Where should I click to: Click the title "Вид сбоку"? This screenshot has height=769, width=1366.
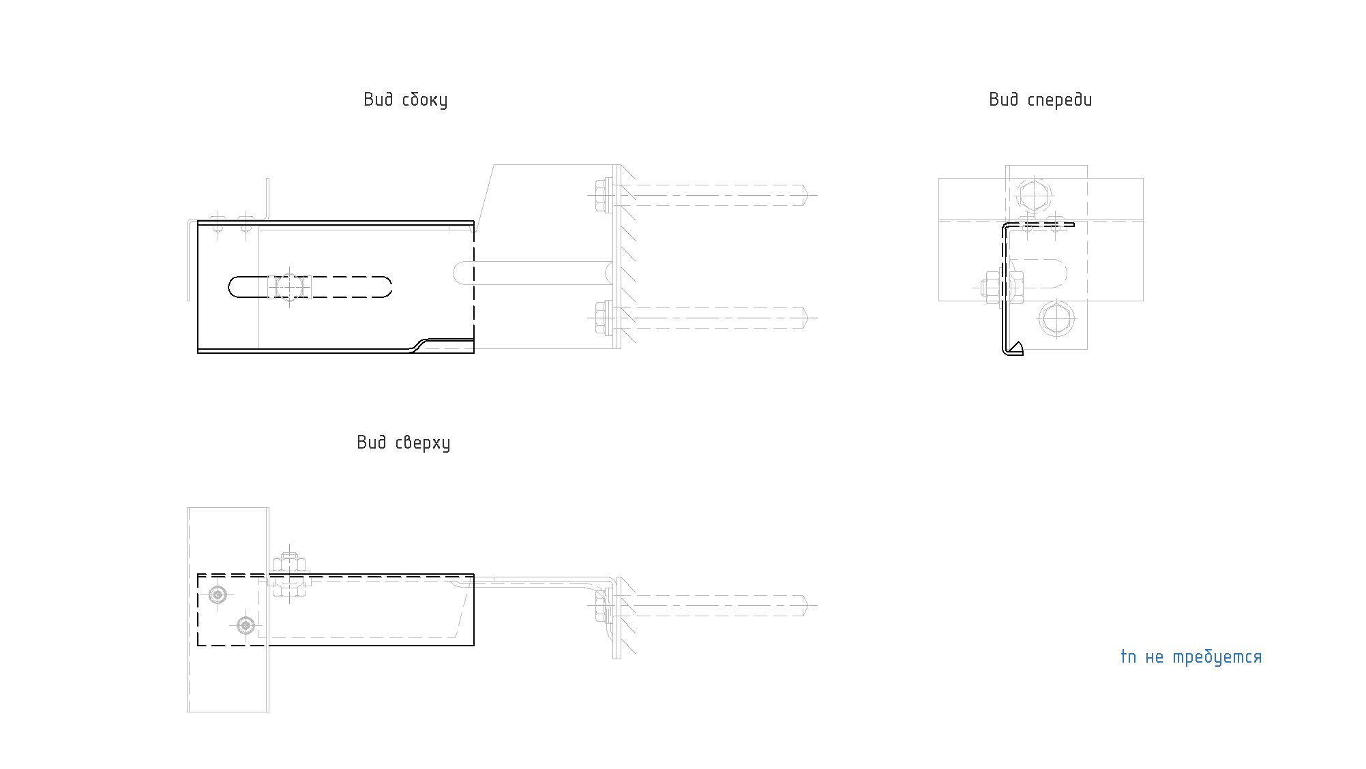pos(405,100)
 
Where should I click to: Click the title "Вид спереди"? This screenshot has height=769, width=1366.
pos(1040,100)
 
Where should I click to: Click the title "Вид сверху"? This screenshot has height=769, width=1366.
pos(403,443)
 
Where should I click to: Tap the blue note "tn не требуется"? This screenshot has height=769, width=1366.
pos(1191,657)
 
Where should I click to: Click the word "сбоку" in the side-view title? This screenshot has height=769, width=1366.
pos(425,100)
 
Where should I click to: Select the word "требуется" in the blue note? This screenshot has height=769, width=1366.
pos(1217,658)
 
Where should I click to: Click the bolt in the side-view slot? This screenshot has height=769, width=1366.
pos(290,287)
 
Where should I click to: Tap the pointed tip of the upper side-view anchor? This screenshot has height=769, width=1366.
pos(810,195)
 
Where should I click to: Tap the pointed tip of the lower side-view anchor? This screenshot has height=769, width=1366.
pos(810,318)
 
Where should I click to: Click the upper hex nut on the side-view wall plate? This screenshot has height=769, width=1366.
pos(602,195)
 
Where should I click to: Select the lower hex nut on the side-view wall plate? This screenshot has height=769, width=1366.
pos(602,318)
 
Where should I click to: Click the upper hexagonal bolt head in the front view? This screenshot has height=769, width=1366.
pos(1035,196)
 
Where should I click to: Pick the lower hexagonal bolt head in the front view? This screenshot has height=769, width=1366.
pos(1056,318)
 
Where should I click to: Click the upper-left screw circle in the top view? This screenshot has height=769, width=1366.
pos(218,595)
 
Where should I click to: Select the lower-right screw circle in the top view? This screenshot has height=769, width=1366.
pos(246,625)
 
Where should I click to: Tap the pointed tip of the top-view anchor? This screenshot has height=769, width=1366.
pos(810,605)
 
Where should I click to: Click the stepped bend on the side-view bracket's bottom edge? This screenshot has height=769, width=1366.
pos(419,345)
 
